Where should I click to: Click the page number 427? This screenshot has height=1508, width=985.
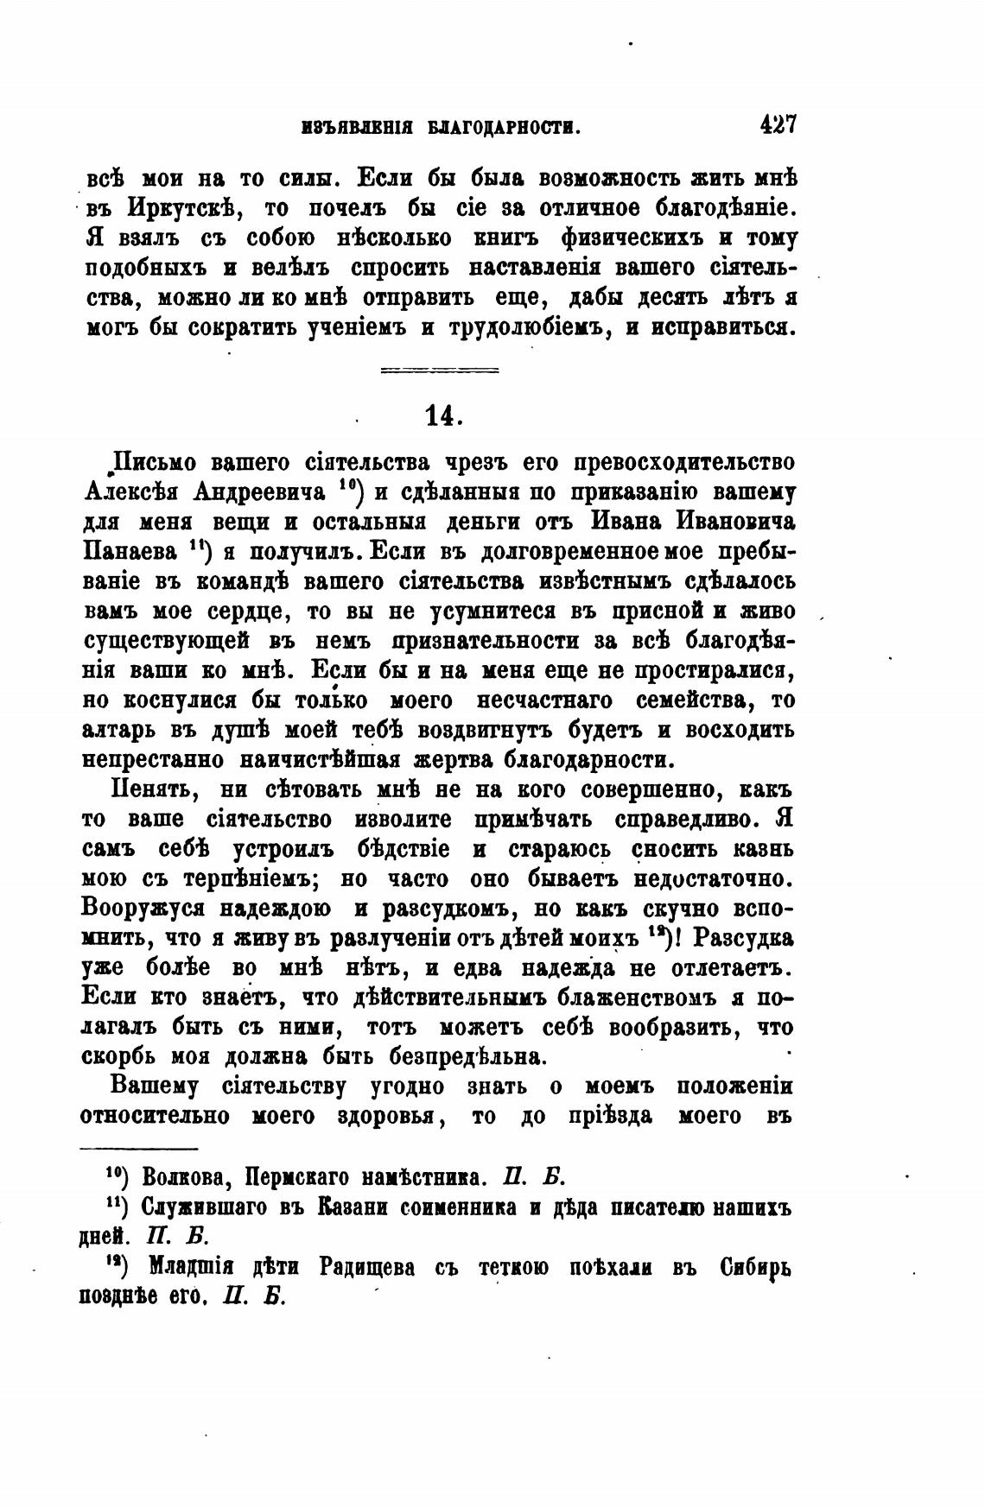[777, 125]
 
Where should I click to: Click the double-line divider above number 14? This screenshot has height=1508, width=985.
[440, 371]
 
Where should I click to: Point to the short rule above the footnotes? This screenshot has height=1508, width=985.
[138, 1148]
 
